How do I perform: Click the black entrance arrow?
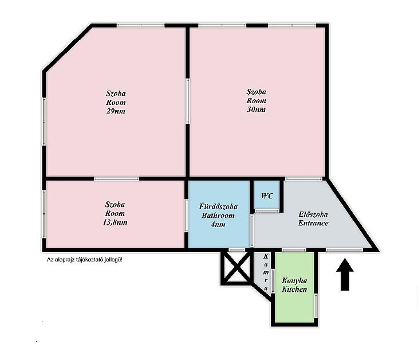click(x=345, y=275)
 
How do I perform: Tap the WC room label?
click(x=267, y=196)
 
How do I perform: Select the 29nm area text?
click(x=116, y=111)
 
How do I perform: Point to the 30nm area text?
click(x=256, y=109)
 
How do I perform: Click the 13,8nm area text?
click(x=115, y=222)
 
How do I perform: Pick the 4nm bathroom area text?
click(x=218, y=225)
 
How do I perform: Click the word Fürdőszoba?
click(x=218, y=206)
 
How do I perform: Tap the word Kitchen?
click(x=294, y=289)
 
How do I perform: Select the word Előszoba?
click(x=313, y=214)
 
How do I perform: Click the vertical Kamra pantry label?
click(x=266, y=272)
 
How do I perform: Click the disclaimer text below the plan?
click(x=85, y=260)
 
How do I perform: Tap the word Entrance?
click(x=313, y=223)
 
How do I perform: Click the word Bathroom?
click(x=218, y=216)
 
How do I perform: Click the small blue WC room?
click(x=267, y=194)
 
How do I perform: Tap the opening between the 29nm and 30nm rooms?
click(x=188, y=101)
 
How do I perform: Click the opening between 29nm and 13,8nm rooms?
click(x=116, y=178)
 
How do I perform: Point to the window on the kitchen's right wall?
click(x=316, y=306)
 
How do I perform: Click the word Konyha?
click(x=294, y=280)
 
